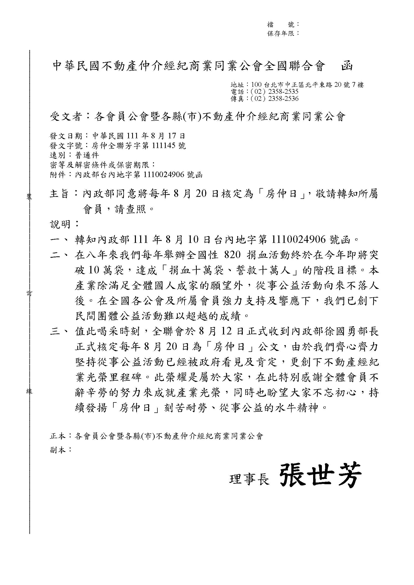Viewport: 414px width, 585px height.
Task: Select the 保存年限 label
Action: pyautogui.click(x=280, y=33)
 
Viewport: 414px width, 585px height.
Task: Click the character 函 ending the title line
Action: pyautogui.click(x=347, y=66)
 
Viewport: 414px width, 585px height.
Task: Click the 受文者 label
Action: pyautogui.click(x=65, y=117)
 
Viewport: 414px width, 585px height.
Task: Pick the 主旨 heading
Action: pyautogui.click(x=59, y=194)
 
